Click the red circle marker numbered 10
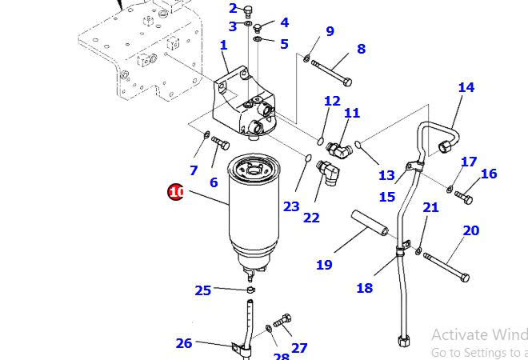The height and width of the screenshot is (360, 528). (x=176, y=192)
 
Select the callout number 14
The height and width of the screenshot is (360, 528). (x=466, y=88)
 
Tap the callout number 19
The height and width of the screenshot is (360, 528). (x=324, y=265)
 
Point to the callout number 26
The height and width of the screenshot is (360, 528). (x=184, y=343)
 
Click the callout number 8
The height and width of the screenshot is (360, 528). (x=361, y=49)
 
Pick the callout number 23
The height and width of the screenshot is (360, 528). (x=290, y=206)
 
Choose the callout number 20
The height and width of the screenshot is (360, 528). (x=471, y=230)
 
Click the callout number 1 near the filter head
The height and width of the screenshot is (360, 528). (x=224, y=46)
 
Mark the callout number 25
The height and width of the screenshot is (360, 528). (x=203, y=290)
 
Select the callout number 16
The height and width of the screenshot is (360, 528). (x=489, y=174)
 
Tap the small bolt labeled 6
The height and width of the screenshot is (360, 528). (x=220, y=144)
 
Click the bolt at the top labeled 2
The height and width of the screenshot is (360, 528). (x=248, y=10)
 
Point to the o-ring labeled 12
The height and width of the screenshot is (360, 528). (x=321, y=142)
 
